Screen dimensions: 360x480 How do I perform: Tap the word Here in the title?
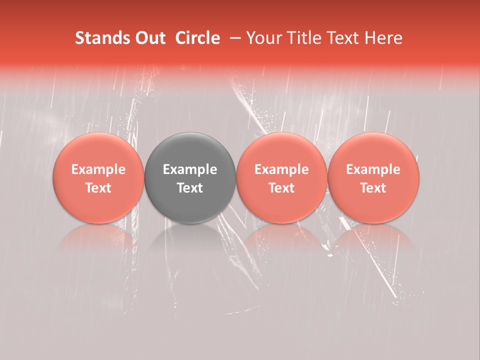384,38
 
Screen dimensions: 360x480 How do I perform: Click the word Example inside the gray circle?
190,169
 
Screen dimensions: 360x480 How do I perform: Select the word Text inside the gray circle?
190,188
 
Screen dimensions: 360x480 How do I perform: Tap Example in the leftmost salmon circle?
98,169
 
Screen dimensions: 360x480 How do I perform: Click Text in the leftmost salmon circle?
98,188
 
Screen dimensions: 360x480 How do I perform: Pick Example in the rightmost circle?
373,169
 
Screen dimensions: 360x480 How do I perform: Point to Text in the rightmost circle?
373,188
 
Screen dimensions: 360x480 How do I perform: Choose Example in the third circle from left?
281,169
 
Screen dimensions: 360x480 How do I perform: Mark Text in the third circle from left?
281,188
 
